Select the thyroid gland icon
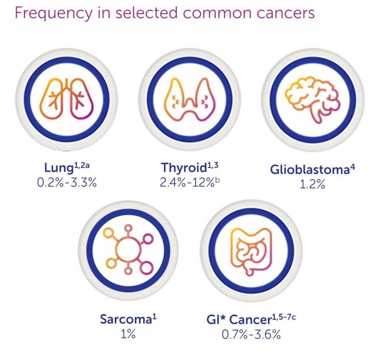[x=190, y=99]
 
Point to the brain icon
[x=313, y=100]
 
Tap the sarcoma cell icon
[x=128, y=250]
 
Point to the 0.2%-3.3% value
[x=67, y=183]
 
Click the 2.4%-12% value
[x=187, y=183]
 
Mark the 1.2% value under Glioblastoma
[x=312, y=184]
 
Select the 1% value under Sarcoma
[x=128, y=334]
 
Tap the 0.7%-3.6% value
[x=251, y=335]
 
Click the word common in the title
[x=217, y=13]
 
